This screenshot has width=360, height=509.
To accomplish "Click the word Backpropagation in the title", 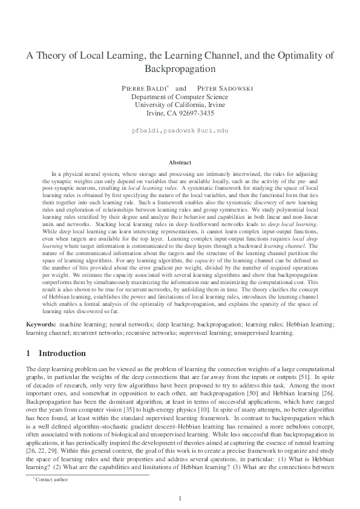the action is click(180, 69).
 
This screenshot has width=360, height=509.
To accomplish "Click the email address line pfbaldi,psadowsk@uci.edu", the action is click(180, 130).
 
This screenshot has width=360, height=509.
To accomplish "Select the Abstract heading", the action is click(180, 163).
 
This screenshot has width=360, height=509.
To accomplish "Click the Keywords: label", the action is click(41, 325).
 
